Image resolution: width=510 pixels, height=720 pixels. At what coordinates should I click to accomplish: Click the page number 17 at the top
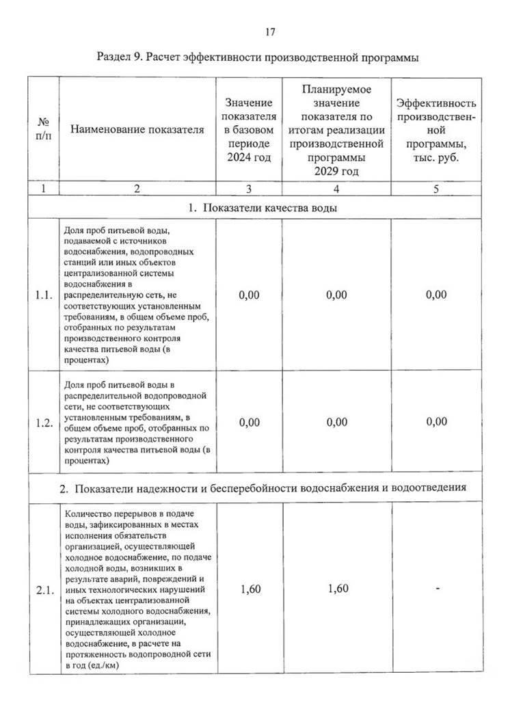click(269, 31)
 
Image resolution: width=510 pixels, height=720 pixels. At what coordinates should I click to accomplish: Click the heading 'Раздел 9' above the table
click(258, 57)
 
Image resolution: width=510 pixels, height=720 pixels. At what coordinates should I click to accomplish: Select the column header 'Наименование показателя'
click(137, 129)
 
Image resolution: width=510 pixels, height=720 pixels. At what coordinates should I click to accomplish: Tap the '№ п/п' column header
click(43, 129)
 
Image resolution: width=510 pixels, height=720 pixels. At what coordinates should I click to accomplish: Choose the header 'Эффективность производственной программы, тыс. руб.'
click(436, 130)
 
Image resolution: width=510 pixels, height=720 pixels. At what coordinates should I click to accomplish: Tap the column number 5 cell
click(436, 189)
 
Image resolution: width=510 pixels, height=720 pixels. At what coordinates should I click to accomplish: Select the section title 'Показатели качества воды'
click(263, 208)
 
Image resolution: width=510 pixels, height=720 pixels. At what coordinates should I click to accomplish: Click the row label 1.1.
click(44, 295)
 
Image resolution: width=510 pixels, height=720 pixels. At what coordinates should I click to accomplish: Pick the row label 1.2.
click(44, 423)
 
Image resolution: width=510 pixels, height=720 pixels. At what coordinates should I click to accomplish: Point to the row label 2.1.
click(44, 590)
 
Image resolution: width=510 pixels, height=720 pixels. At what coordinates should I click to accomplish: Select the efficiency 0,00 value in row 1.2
click(436, 423)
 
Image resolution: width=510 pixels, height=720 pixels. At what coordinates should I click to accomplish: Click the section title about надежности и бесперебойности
click(263, 488)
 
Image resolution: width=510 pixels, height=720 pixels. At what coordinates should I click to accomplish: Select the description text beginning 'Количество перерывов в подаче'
click(137, 590)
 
